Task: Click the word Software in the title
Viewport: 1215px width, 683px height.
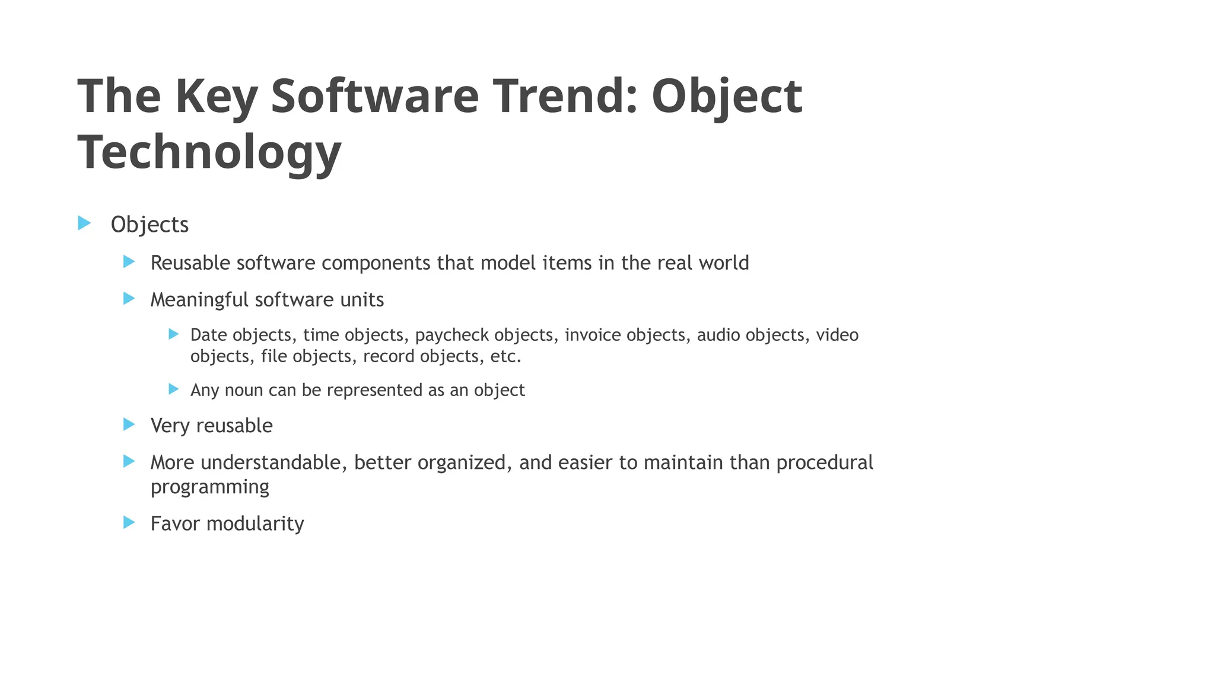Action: tap(374, 96)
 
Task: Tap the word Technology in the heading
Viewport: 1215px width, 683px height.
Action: tap(209, 152)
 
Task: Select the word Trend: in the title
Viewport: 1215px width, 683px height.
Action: tap(563, 96)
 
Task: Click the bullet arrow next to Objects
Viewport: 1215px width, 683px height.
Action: tap(84, 223)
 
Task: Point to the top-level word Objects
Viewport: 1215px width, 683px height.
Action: tap(150, 225)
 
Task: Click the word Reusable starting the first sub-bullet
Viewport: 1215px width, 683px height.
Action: tap(190, 263)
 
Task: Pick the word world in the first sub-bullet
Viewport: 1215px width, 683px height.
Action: tap(724, 263)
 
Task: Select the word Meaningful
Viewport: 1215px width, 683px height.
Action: tap(199, 300)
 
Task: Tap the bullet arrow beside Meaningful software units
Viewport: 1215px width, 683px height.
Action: tap(129, 298)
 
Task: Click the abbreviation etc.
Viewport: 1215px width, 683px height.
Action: tap(505, 356)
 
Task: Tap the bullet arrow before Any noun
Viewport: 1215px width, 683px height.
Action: tap(173, 389)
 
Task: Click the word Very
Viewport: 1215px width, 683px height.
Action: tap(170, 426)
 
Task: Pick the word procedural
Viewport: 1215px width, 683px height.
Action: tap(825, 462)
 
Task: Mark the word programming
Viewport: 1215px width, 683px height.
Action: tap(209, 487)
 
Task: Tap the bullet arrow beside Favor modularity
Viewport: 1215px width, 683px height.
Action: tap(129, 522)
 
